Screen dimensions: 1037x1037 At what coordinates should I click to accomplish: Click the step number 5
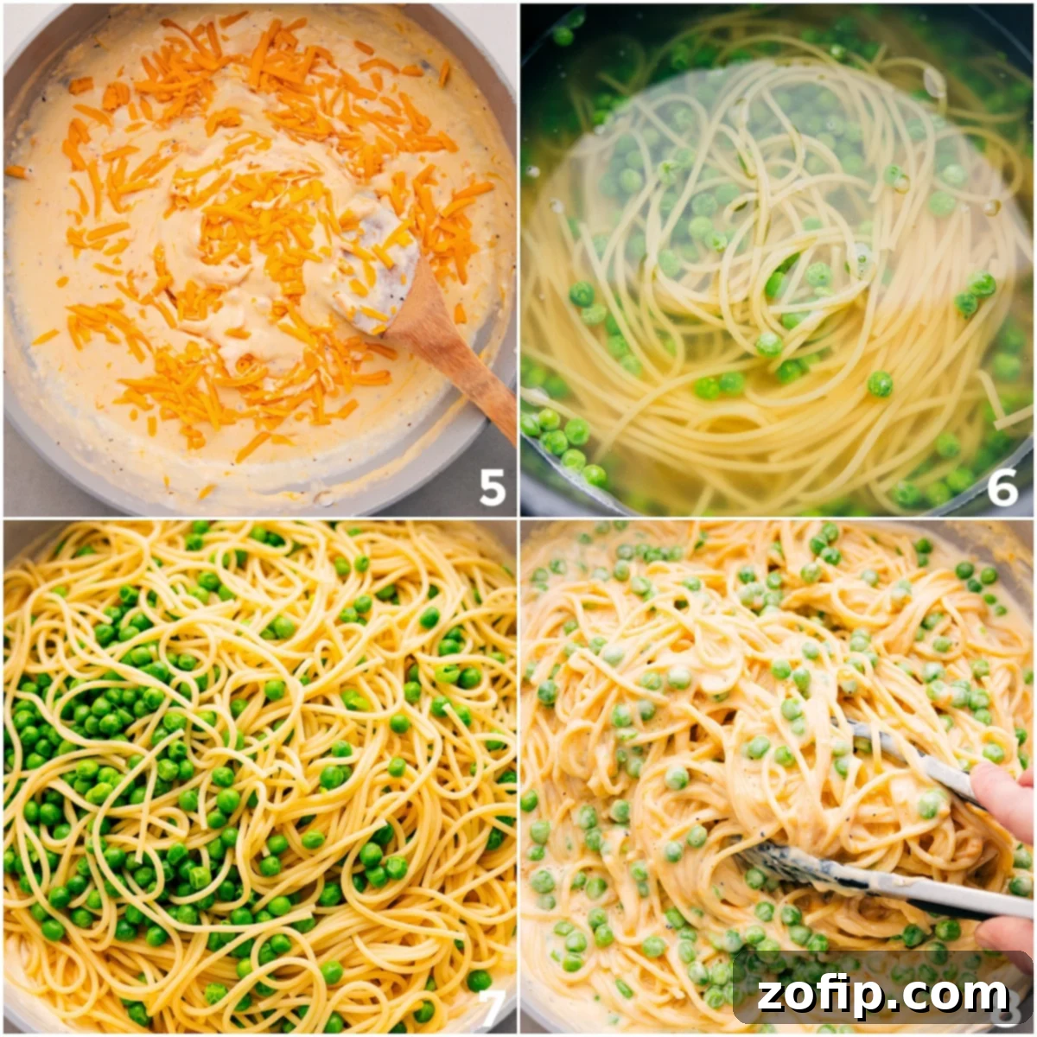click(x=492, y=489)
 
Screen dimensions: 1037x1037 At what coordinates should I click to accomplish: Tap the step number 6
click(x=1002, y=489)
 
